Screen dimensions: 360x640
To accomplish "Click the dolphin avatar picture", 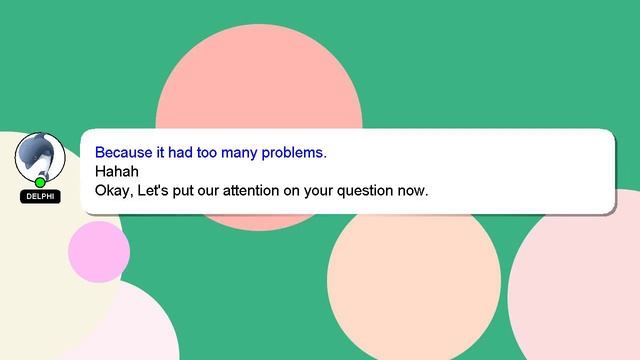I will (40, 156).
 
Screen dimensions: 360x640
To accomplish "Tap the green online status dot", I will (40, 182).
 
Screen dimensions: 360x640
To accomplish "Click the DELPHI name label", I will (40, 197).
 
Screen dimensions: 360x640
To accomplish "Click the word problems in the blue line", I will (291, 154).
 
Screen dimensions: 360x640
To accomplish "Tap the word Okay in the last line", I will (112, 190).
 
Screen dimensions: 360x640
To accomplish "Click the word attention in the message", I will (264, 190).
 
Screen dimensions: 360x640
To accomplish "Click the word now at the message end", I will (412, 190).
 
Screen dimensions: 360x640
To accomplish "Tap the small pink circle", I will (98, 251).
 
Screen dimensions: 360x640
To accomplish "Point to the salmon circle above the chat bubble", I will (258, 80).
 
